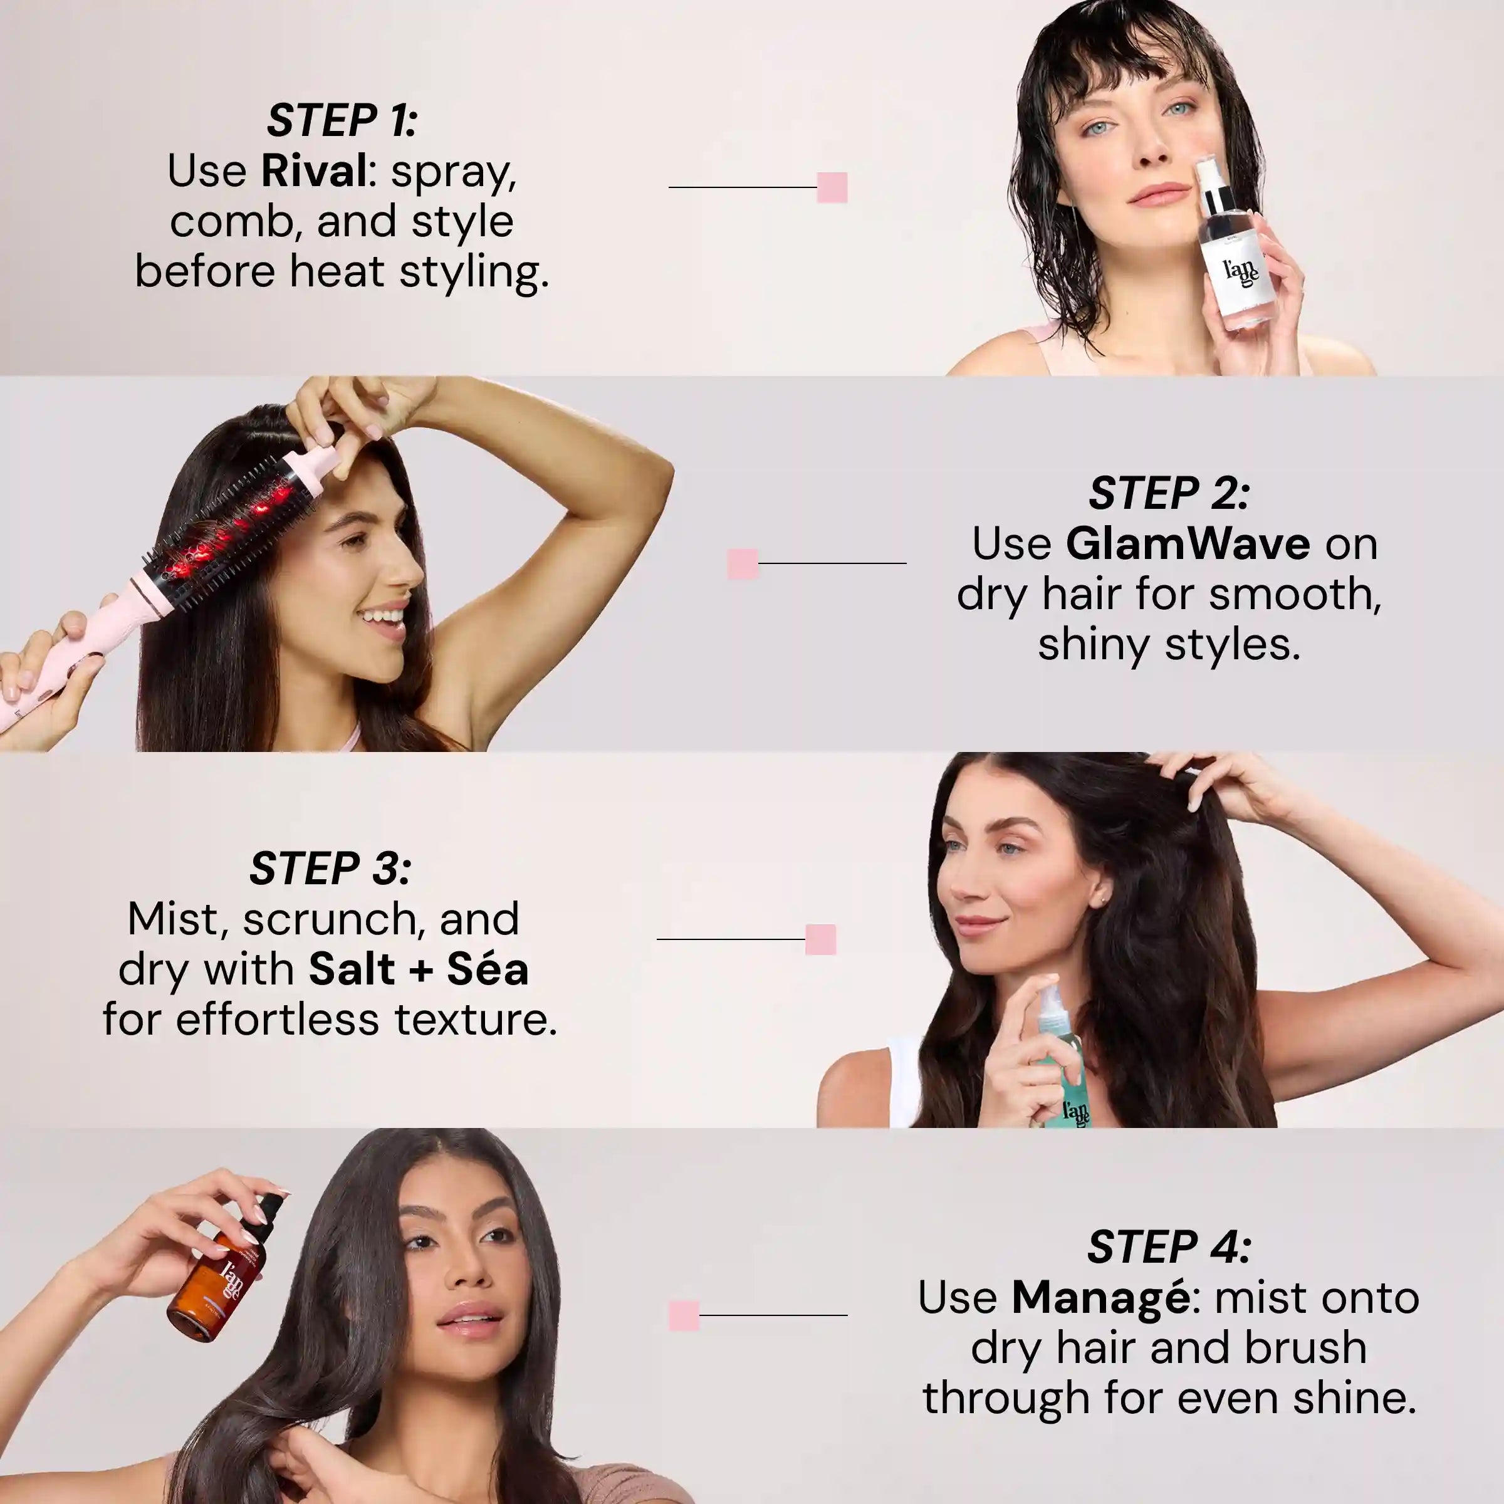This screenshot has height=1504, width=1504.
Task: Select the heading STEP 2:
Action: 1169,494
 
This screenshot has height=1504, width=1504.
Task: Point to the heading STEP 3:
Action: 330,869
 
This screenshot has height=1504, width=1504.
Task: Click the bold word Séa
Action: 488,969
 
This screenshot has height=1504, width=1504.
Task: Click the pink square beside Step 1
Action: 832,187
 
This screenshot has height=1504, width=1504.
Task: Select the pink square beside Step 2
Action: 743,563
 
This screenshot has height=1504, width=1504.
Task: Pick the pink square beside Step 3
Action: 820,939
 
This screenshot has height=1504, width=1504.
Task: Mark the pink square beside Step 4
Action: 684,1315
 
